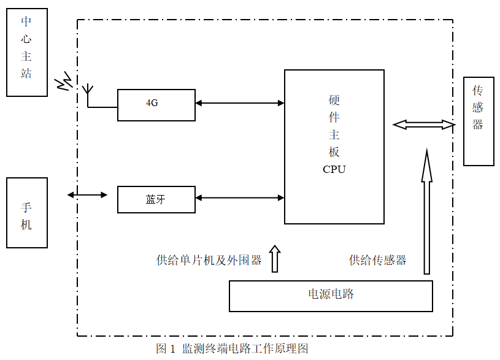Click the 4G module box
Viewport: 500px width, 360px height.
click(x=156, y=104)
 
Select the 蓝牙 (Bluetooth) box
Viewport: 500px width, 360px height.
click(x=156, y=199)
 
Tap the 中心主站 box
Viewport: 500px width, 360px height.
click(x=26, y=52)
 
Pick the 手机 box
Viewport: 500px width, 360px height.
click(x=26, y=212)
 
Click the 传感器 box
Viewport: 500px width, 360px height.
click(x=478, y=121)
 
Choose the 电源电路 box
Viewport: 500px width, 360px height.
click(x=331, y=296)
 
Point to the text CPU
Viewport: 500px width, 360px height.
click(x=334, y=169)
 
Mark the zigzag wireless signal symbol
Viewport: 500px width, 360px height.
click(x=64, y=83)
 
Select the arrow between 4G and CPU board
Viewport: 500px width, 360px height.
click(x=239, y=102)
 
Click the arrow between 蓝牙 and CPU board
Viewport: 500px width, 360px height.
click(x=239, y=197)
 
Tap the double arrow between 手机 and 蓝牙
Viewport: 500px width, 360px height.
click(x=87, y=195)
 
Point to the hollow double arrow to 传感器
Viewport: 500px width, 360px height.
click(x=424, y=124)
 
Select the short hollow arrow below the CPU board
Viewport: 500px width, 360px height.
click(x=275, y=259)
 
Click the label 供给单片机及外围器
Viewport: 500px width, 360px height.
click(x=209, y=260)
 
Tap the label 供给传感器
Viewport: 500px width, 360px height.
click(x=377, y=260)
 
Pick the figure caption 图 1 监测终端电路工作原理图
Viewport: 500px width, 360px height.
click(x=231, y=349)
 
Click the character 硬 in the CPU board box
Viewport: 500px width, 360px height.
click(x=334, y=100)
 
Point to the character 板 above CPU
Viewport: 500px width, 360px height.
click(x=334, y=151)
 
